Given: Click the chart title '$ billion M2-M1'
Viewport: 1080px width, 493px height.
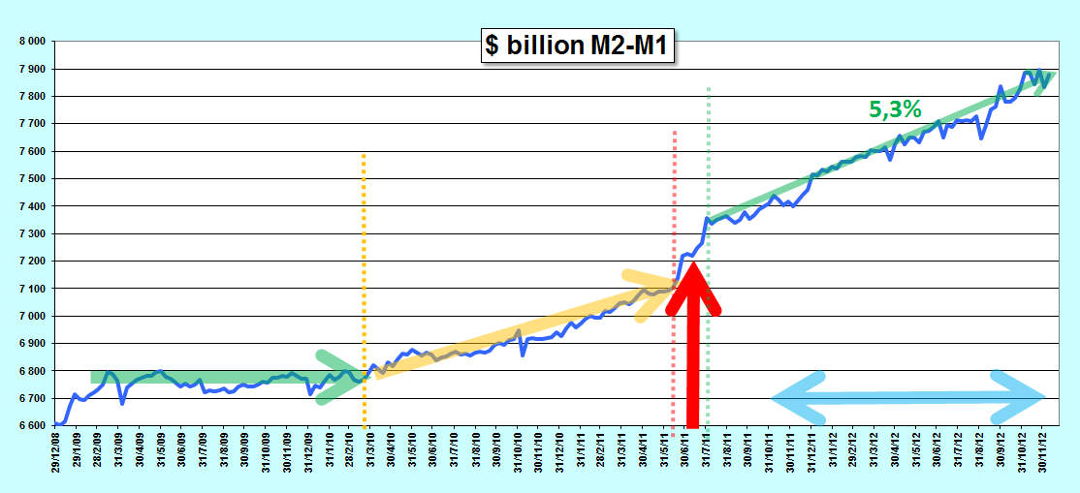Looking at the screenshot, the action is pyautogui.click(x=577, y=46).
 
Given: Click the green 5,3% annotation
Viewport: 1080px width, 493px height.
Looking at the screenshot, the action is pyautogui.click(x=895, y=108).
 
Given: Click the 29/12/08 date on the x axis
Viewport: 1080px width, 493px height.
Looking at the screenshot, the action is pyautogui.click(x=57, y=447).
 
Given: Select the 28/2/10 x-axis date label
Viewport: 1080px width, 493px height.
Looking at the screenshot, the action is pyautogui.click(x=351, y=447).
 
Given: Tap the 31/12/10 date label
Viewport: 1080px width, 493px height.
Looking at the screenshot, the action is pyautogui.click(x=560, y=447).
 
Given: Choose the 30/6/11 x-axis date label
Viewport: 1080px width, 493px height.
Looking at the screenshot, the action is pyautogui.click(x=685, y=447).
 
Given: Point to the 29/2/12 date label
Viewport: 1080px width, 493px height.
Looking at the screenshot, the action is pyautogui.click(x=853, y=447).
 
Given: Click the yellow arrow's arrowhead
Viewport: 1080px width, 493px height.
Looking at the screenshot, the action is pyautogui.click(x=651, y=293).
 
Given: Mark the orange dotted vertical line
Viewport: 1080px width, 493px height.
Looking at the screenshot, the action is pyautogui.click(x=364, y=291).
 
